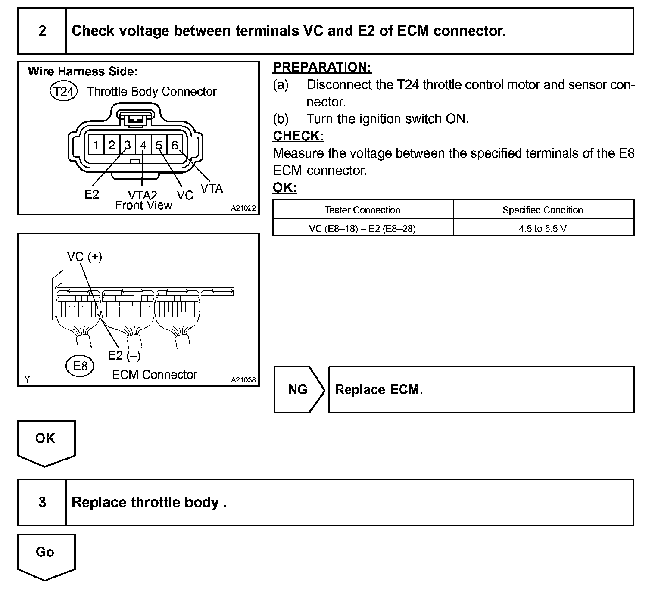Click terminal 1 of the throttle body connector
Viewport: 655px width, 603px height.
96,145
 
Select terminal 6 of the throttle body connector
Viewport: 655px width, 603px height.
175,145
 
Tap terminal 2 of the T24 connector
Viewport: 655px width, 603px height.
112,145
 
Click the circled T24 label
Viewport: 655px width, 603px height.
64,91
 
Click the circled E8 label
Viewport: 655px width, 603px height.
80,366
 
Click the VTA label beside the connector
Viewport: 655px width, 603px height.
212,188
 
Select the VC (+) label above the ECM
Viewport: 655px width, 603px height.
84,257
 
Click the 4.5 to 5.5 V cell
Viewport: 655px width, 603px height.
543,228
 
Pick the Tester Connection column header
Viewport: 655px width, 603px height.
362,210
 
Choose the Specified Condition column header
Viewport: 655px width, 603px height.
543,210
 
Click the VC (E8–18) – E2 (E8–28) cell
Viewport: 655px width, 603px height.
362,228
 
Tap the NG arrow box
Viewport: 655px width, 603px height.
298,389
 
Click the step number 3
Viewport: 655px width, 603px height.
42,502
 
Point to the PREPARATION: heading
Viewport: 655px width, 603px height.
322,67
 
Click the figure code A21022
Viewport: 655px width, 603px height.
243,208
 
